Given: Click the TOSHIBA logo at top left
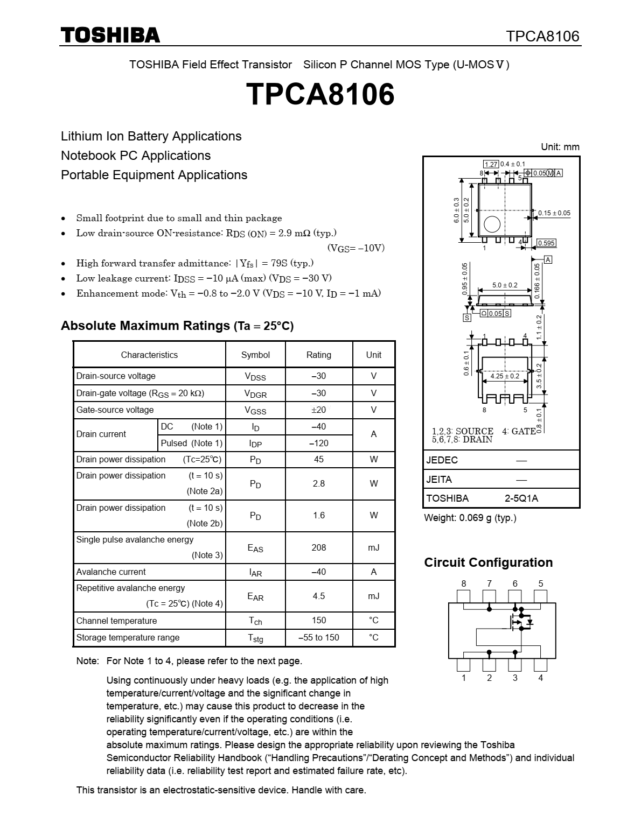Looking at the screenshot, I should pyautogui.click(x=110, y=36).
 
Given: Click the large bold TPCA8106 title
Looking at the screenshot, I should pyautogui.click(x=320, y=95).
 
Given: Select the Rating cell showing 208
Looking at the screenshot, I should pyautogui.click(x=319, y=547).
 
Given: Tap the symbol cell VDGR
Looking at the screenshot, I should pyautogui.click(x=255, y=393).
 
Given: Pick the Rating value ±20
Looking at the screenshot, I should pyautogui.click(x=319, y=410).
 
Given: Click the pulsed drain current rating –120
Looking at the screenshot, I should pyautogui.click(x=319, y=444).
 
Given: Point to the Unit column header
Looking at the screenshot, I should pyautogui.click(x=373, y=355).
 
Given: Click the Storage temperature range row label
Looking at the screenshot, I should pyautogui.click(x=128, y=638).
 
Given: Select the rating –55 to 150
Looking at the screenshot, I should pyautogui.click(x=319, y=638).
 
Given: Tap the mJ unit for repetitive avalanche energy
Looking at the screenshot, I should pyautogui.click(x=373, y=596).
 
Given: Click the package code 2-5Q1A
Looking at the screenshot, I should pyautogui.click(x=521, y=498).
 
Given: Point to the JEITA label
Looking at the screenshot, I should pyautogui.click(x=439, y=480).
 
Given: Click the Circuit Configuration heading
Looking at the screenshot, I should pyautogui.click(x=489, y=562).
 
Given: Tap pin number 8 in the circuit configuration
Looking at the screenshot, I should pyautogui.click(x=464, y=584).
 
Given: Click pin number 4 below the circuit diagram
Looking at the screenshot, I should pyautogui.click(x=541, y=678).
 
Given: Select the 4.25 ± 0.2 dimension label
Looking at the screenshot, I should pyautogui.click(x=505, y=376).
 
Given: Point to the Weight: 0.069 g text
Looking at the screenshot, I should pyautogui.click(x=470, y=518).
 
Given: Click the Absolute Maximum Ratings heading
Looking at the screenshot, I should pyautogui.click(x=177, y=326).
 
